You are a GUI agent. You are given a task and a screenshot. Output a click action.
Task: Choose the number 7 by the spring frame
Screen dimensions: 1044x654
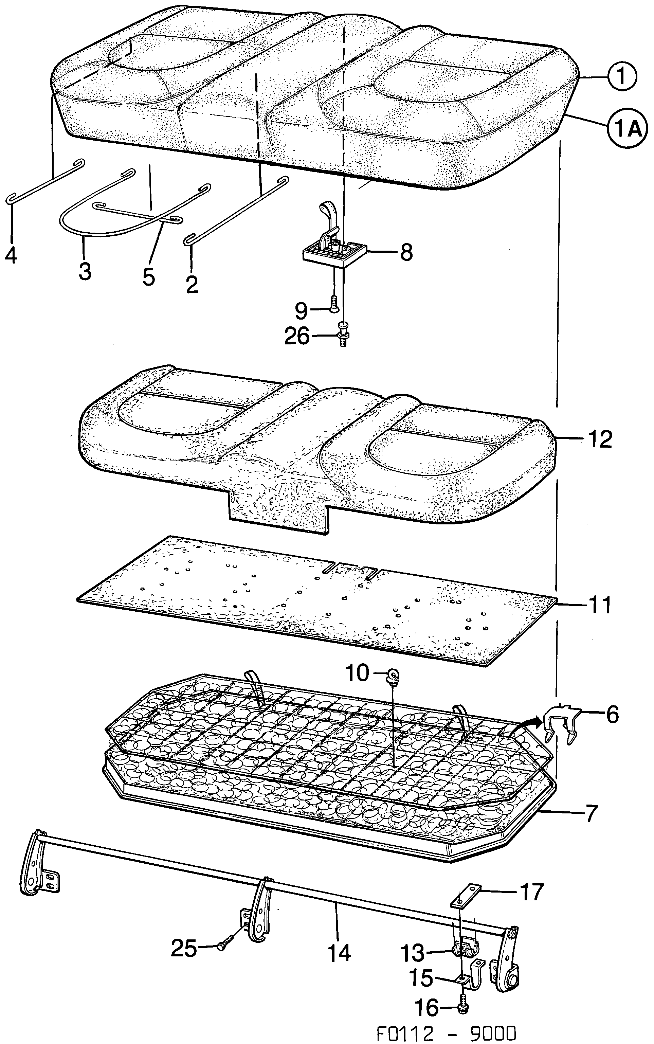tap(591, 813)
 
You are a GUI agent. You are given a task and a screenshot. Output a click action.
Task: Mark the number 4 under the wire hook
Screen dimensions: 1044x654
tap(11, 256)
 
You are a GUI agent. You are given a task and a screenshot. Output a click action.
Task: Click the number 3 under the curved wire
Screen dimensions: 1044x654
tap(85, 272)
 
